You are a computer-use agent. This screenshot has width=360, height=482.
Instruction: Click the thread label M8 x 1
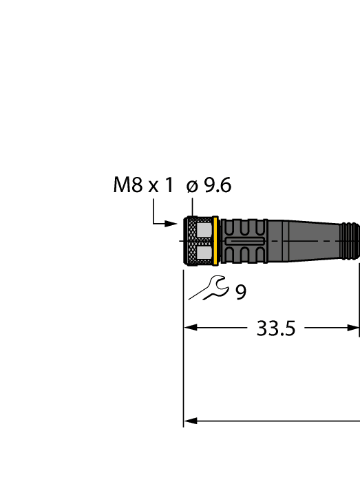point(143,185)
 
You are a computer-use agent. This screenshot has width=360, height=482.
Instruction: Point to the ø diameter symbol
point(192,186)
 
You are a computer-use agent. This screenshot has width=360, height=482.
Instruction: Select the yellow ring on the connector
point(216,241)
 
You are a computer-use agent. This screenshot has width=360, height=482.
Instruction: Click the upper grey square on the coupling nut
point(204,229)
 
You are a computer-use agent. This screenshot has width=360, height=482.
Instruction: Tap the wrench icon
point(210,286)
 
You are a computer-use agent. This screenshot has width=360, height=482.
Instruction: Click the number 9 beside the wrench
point(240,293)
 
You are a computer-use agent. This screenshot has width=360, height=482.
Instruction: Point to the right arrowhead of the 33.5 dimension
point(354,328)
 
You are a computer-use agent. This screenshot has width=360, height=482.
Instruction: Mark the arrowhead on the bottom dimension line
point(189,421)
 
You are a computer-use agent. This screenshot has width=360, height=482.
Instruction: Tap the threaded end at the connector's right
point(350,241)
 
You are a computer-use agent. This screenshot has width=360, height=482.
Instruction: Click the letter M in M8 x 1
point(120,185)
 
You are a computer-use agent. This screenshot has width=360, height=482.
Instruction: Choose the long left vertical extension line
point(183,358)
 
